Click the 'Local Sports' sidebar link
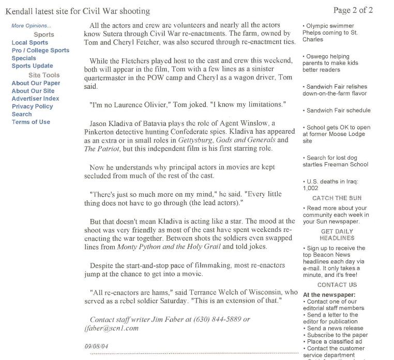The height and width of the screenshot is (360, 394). click(x=30, y=43)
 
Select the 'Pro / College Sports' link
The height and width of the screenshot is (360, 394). click(x=40, y=51)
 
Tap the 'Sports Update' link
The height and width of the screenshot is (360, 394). click(x=32, y=66)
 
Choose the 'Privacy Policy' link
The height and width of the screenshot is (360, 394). click(x=32, y=106)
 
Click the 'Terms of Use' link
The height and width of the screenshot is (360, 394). click(x=31, y=122)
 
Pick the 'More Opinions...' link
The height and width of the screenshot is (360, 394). click(x=31, y=26)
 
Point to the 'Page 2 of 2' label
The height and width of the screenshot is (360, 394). click(x=353, y=10)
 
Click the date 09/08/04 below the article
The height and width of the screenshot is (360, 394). click(x=96, y=346)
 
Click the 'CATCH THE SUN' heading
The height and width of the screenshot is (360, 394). click(x=337, y=198)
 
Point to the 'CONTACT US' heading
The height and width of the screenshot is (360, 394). click(x=337, y=285)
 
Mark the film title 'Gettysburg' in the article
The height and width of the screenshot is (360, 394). click(x=195, y=140)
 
